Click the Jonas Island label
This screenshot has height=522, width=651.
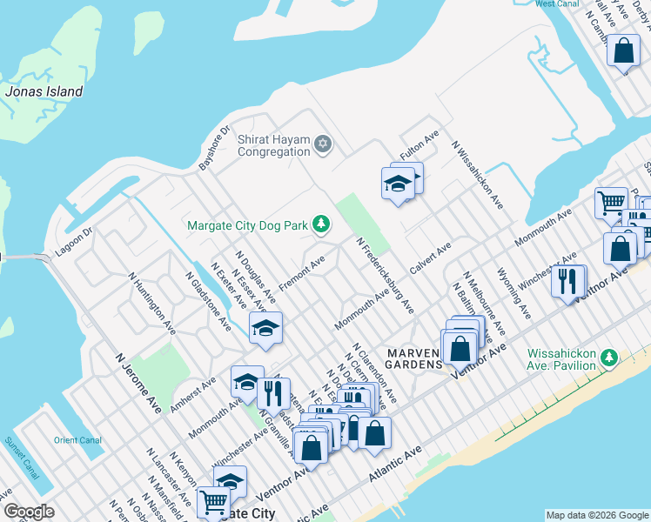pos(44,91)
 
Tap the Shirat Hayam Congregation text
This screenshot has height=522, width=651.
pos(273,144)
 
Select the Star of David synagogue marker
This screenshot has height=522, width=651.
pos(323,144)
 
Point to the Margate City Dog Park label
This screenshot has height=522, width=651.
pos(246,225)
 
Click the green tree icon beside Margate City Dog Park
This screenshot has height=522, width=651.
pos(321,225)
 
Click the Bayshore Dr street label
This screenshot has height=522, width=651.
pos(213,149)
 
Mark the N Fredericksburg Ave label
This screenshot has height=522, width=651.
pos(386,276)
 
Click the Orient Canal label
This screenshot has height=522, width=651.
pos(78,440)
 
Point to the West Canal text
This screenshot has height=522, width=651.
pos(557,4)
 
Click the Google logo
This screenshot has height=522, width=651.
pos(29,511)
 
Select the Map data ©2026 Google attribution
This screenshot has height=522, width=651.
pos(596,515)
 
